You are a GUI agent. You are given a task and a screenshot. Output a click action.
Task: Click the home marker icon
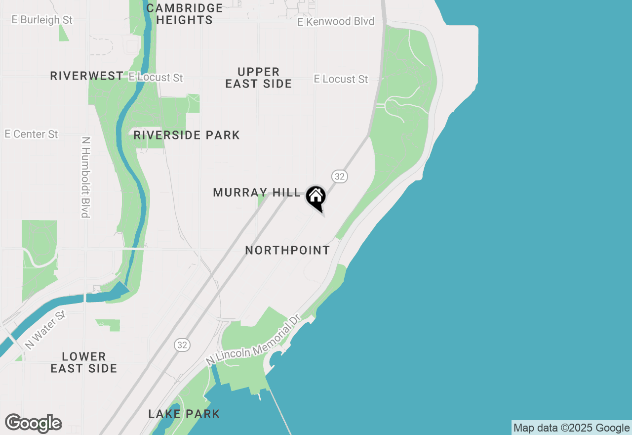click(316, 197)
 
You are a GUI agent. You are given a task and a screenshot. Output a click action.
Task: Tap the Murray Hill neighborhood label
click(256, 193)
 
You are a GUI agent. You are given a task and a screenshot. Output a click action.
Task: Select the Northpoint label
click(287, 251)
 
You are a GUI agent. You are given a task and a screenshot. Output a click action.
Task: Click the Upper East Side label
click(259, 78)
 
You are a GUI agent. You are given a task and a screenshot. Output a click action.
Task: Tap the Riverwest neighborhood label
click(87, 76)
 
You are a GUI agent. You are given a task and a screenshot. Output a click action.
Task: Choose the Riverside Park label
click(187, 135)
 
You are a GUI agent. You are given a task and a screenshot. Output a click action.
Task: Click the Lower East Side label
click(84, 362)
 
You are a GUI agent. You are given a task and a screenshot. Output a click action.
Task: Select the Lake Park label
click(184, 414)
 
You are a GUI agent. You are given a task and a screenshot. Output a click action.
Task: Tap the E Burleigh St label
click(42, 20)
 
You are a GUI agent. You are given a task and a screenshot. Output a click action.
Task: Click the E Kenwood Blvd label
click(336, 22)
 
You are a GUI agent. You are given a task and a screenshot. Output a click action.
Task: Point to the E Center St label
click(32, 134)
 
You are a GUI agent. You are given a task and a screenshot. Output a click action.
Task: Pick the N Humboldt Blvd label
click(85, 177)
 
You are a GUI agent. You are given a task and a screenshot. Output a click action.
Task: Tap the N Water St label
click(45, 330)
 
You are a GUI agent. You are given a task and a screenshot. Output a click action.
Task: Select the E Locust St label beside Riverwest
click(156, 78)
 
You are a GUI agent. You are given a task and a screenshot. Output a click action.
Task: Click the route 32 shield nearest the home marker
click(339, 176)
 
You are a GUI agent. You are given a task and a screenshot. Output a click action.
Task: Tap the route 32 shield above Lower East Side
click(182, 345)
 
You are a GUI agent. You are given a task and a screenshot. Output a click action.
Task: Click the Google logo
click(33, 424)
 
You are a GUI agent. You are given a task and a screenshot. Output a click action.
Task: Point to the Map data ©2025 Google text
click(571, 428)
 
